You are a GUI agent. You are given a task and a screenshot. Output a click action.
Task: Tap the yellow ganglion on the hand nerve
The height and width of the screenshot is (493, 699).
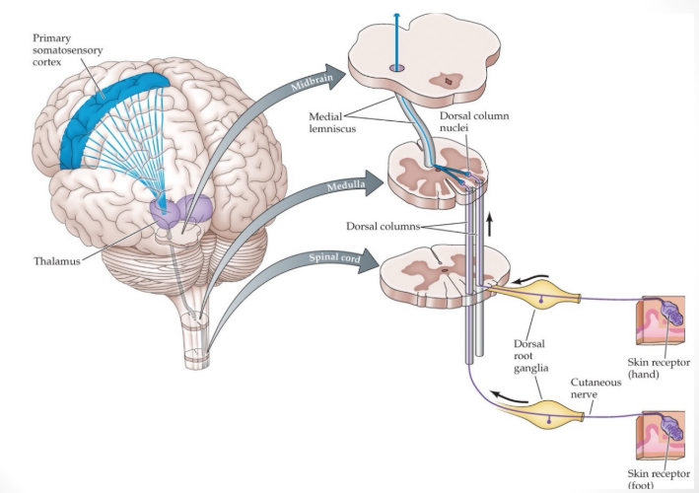tap(546, 293)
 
